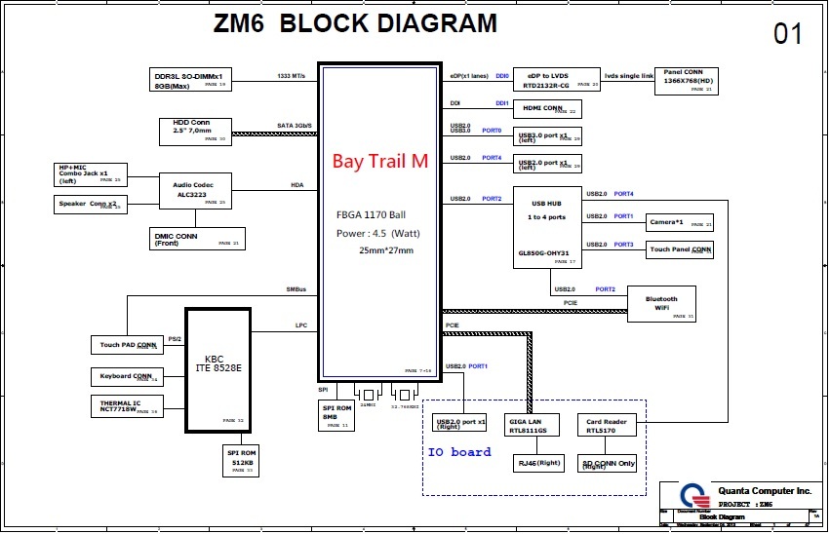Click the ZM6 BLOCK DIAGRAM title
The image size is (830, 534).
point(355,24)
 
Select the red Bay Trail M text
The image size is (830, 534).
point(380,162)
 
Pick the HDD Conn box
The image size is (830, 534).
point(194,131)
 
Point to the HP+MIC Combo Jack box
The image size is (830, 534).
point(90,174)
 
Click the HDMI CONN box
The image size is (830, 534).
point(547,109)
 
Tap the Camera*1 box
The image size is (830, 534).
point(680,222)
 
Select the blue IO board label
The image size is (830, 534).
point(458,452)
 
